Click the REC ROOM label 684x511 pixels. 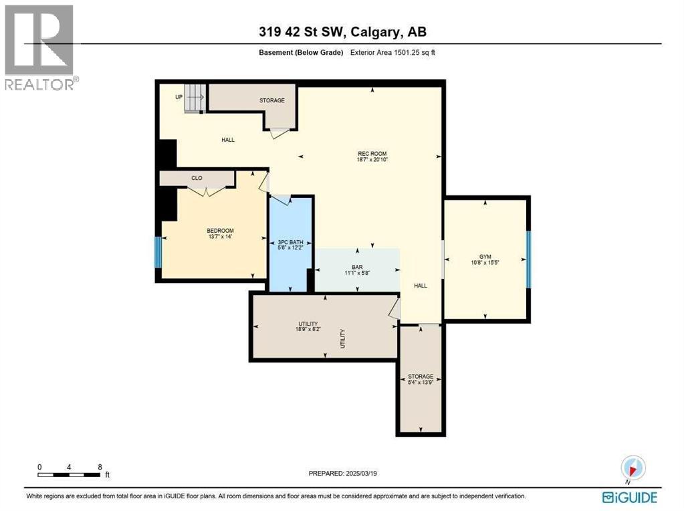tap(372, 153)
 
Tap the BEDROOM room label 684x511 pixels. tap(219, 231)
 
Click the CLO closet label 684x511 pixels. tap(197, 178)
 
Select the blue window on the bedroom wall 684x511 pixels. tap(158, 252)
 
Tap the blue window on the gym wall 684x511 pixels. tap(528, 259)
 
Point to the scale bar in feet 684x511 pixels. tap(70, 475)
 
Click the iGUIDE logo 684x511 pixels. tap(629, 497)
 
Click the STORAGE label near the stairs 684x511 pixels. tap(272, 100)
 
